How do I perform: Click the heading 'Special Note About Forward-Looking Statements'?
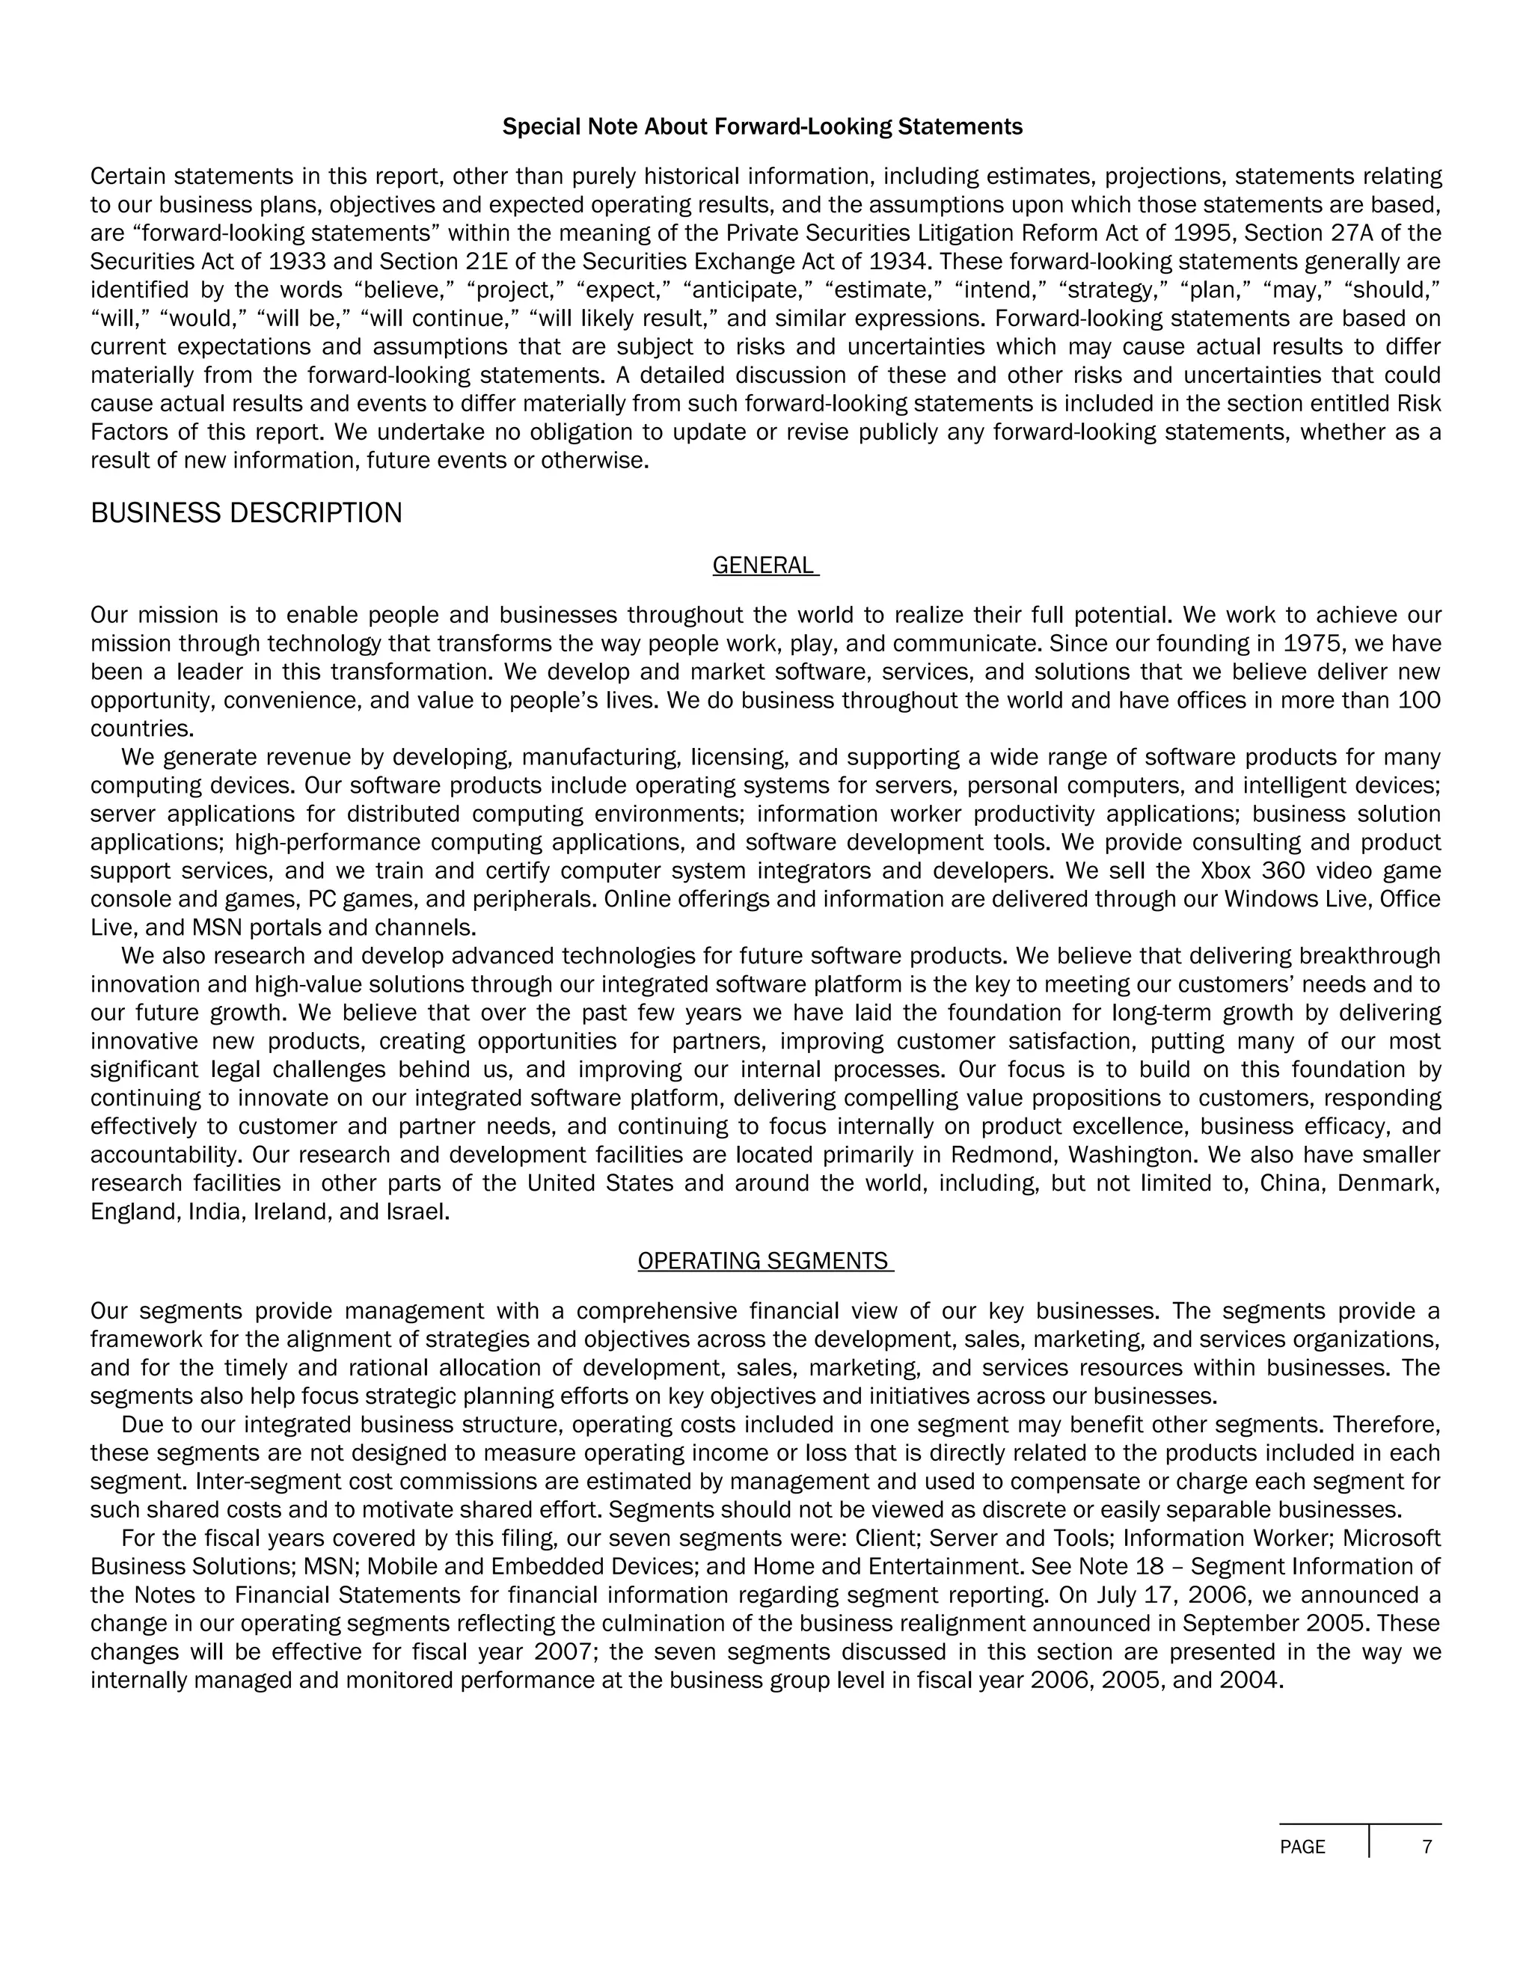click(x=762, y=127)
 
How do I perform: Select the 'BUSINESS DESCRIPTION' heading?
click(x=246, y=514)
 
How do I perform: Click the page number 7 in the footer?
click(x=1427, y=1847)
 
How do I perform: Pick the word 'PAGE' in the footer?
click(x=1302, y=1847)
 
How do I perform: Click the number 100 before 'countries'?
click(x=1420, y=702)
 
